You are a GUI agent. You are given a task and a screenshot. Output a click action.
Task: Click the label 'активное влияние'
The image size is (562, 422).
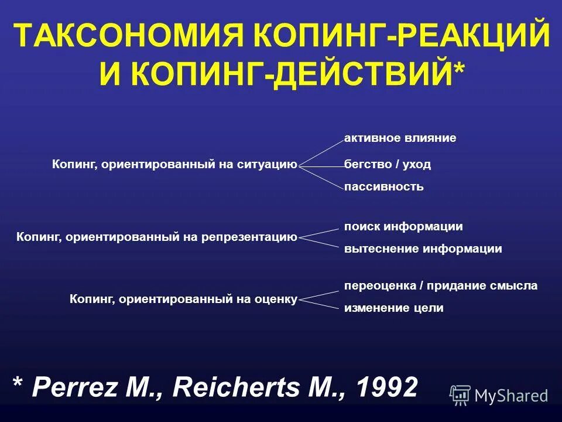tap(400, 138)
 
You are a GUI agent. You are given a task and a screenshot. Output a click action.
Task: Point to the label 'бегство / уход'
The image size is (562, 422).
tap(388, 165)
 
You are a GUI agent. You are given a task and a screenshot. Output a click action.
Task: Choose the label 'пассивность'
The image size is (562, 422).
tap(383, 188)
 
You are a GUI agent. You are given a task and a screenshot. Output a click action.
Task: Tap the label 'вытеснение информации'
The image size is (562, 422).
tap(423, 249)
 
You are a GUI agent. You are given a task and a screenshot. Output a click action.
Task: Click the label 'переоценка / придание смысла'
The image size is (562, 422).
tap(440, 286)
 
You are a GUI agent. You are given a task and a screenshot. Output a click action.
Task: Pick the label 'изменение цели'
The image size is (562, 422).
tap(393, 308)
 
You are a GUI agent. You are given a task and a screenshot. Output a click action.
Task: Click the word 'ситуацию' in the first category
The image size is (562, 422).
tap(267, 165)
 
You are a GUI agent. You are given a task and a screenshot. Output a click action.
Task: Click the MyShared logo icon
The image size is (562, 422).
tap(460, 394)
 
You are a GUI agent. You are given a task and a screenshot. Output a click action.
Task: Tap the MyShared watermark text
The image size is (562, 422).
tap(511, 396)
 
